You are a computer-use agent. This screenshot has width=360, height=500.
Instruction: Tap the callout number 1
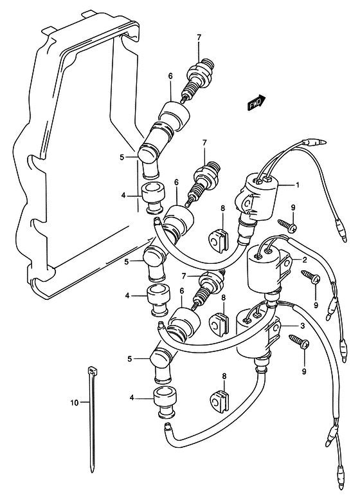[x=298, y=185]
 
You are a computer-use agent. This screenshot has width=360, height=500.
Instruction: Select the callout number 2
[x=305, y=260]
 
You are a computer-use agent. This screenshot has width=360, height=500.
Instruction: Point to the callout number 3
[x=302, y=326]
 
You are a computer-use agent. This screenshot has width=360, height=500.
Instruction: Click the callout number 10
[x=74, y=403]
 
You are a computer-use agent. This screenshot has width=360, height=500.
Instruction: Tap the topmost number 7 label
[x=199, y=37]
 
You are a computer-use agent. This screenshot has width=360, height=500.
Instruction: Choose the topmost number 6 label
[x=170, y=76]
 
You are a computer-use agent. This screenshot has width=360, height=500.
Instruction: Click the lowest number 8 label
[x=224, y=376]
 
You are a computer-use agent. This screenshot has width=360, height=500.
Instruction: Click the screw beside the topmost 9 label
[x=287, y=225]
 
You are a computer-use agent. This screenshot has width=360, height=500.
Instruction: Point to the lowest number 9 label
[x=304, y=371]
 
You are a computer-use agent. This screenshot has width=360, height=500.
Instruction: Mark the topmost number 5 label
[x=122, y=157]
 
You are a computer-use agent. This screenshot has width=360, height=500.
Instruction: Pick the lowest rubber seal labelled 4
[x=165, y=402]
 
